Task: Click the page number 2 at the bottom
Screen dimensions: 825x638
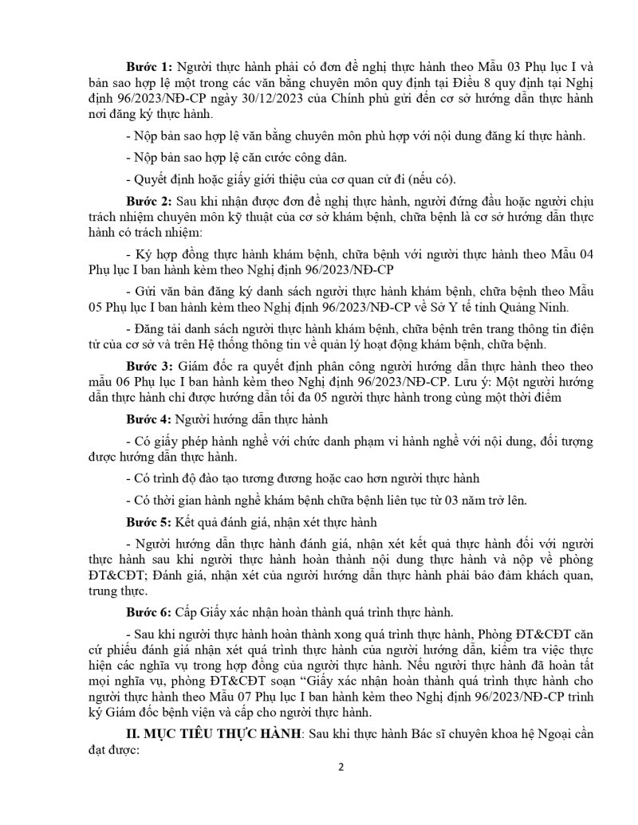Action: coord(341,768)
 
